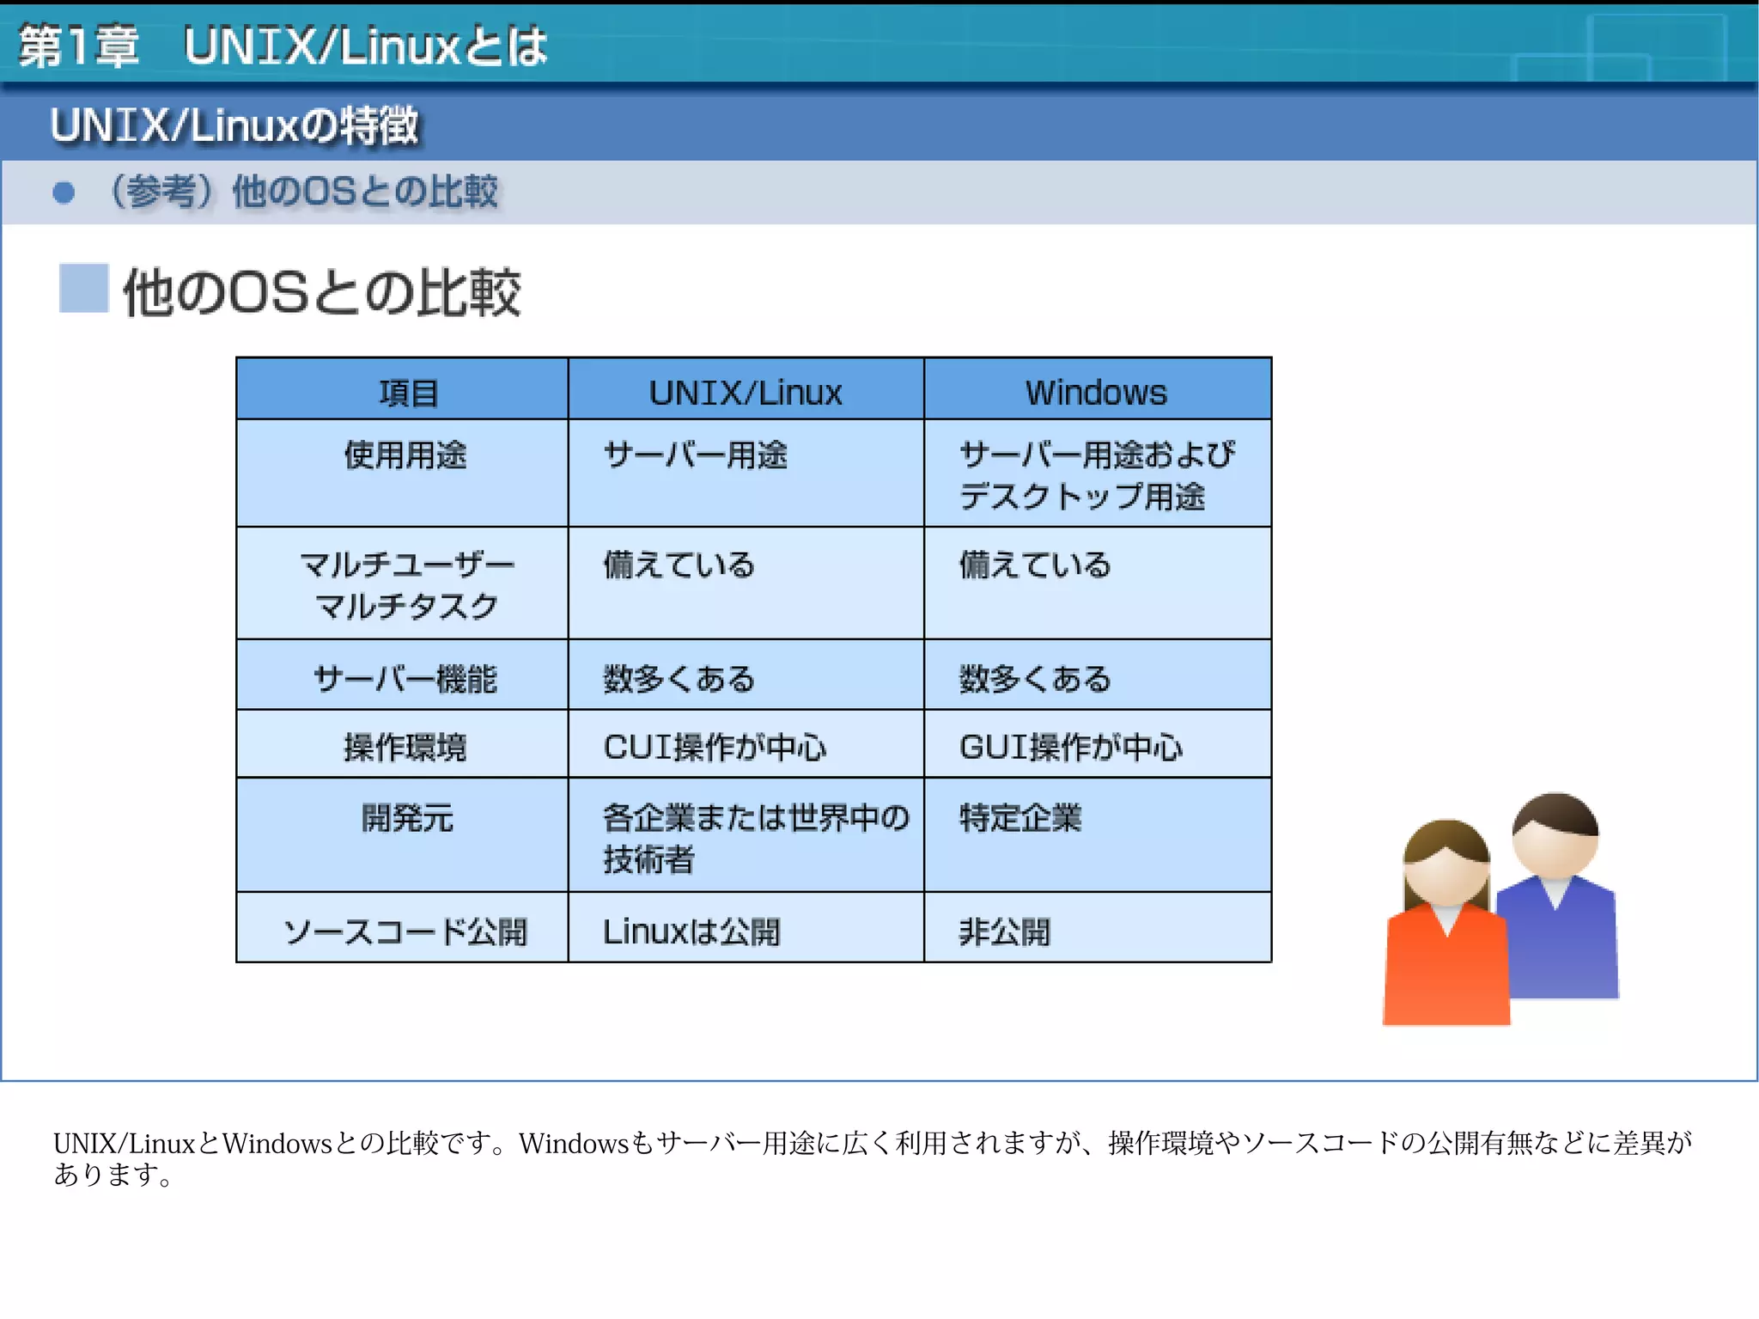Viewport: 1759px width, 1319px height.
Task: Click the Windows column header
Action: point(1096,392)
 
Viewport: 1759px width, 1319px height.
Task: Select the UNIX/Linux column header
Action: point(746,392)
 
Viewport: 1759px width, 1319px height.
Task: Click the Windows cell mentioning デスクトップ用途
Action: point(1096,474)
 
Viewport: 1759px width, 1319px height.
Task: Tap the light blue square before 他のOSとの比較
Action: point(83,288)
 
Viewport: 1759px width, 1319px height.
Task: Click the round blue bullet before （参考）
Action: point(64,192)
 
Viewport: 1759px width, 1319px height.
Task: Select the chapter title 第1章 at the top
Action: point(79,46)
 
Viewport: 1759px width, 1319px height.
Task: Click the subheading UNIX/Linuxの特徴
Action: point(234,125)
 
